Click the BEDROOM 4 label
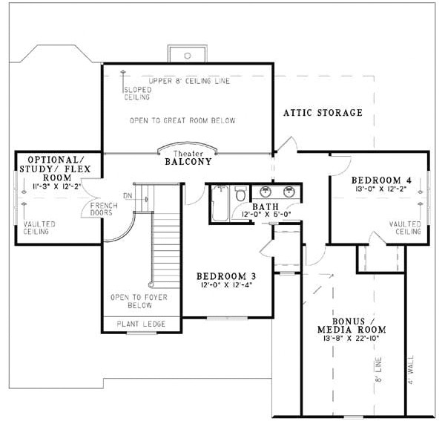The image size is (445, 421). pyautogui.click(x=378, y=180)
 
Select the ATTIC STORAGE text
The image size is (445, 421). pyautogui.click(x=323, y=113)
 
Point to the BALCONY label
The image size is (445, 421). pyautogui.click(x=188, y=161)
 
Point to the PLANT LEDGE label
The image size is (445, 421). pyautogui.click(x=140, y=324)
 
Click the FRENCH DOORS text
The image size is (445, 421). pyautogui.click(x=102, y=209)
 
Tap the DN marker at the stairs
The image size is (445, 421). pyautogui.click(x=128, y=196)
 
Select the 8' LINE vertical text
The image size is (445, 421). pyautogui.click(x=378, y=369)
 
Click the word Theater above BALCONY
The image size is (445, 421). pyautogui.click(x=188, y=151)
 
